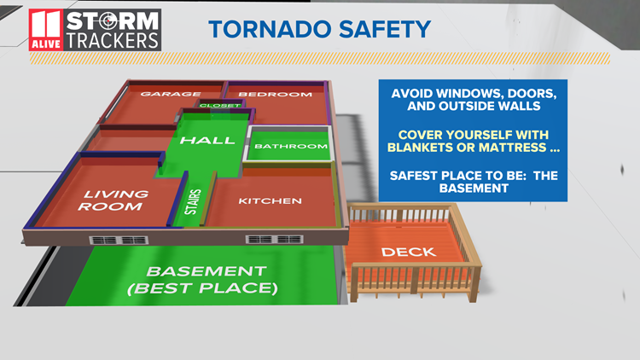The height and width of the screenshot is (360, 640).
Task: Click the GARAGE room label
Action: (x=170, y=94)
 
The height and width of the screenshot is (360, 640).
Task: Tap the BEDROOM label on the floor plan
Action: (x=275, y=94)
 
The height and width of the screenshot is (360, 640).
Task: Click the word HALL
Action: (x=207, y=140)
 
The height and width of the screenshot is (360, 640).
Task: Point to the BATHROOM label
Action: (x=291, y=147)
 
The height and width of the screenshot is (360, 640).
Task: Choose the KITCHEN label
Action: (x=270, y=201)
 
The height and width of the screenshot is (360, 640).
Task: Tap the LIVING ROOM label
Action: (x=113, y=200)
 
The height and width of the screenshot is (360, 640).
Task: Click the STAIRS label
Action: (x=195, y=206)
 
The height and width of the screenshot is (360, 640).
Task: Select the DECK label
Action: (x=409, y=252)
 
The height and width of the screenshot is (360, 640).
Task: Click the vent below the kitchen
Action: (x=263, y=239)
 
